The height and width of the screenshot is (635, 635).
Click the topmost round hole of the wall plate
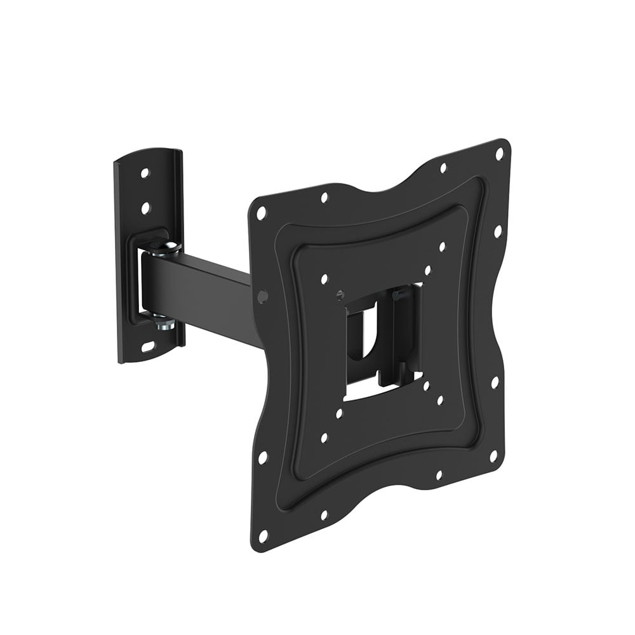pyautogui.click(x=145, y=173)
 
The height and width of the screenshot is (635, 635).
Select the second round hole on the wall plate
pyautogui.click(x=145, y=207)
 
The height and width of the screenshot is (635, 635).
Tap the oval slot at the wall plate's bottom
pyautogui.click(x=147, y=347)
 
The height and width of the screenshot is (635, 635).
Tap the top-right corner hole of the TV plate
pyautogui.click(x=499, y=154)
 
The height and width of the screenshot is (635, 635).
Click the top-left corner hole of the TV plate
pyautogui.click(x=261, y=213)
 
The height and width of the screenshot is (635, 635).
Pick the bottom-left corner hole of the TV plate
pyautogui.click(x=263, y=537)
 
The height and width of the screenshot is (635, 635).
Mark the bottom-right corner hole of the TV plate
pyautogui.click(x=492, y=457)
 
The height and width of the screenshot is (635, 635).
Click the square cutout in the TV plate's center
pyautogui.click(x=381, y=343)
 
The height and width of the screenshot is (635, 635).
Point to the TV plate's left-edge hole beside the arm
pyautogui.click(x=263, y=295)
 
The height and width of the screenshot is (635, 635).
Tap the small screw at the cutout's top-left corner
pyautogui.click(x=341, y=294)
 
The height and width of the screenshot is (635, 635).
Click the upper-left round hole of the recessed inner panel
pyautogui.click(x=325, y=278)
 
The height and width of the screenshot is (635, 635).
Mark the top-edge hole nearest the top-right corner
pyautogui.click(x=443, y=168)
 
